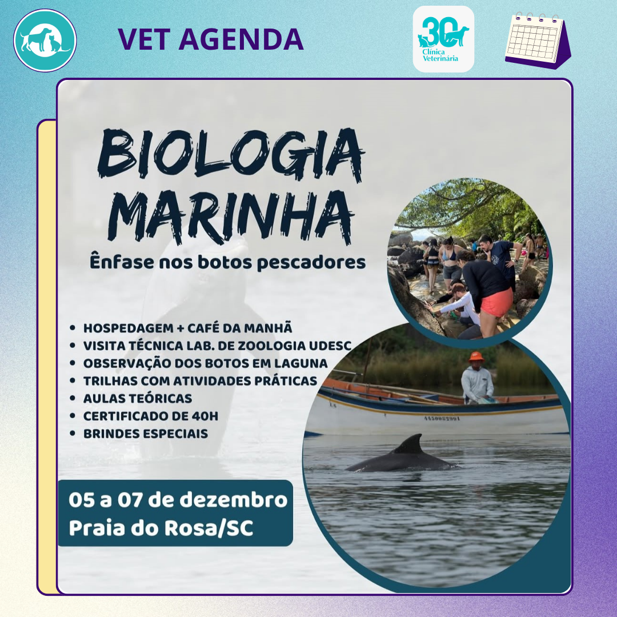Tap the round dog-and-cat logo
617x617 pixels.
click(45, 41)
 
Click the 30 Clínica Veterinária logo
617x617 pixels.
click(443, 39)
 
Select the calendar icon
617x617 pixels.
click(538, 41)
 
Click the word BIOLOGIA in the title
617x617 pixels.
click(231, 155)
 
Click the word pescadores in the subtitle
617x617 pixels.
click(311, 262)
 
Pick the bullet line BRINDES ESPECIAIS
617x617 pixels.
click(146, 434)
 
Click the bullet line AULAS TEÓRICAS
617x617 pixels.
click(138, 398)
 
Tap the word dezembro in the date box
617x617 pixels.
click(234, 500)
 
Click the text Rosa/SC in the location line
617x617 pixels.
click(209, 528)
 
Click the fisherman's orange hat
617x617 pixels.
click(476, 356)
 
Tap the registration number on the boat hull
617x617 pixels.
click(442, 418)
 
